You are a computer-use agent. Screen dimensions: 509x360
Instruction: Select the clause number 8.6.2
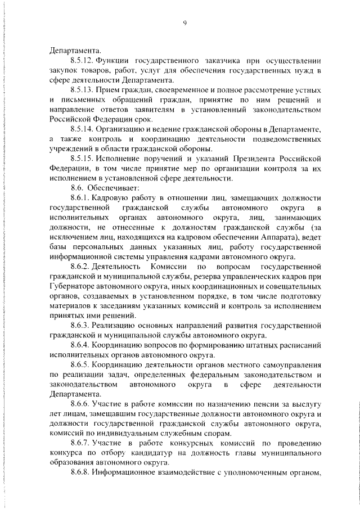(x=80, y=266)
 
